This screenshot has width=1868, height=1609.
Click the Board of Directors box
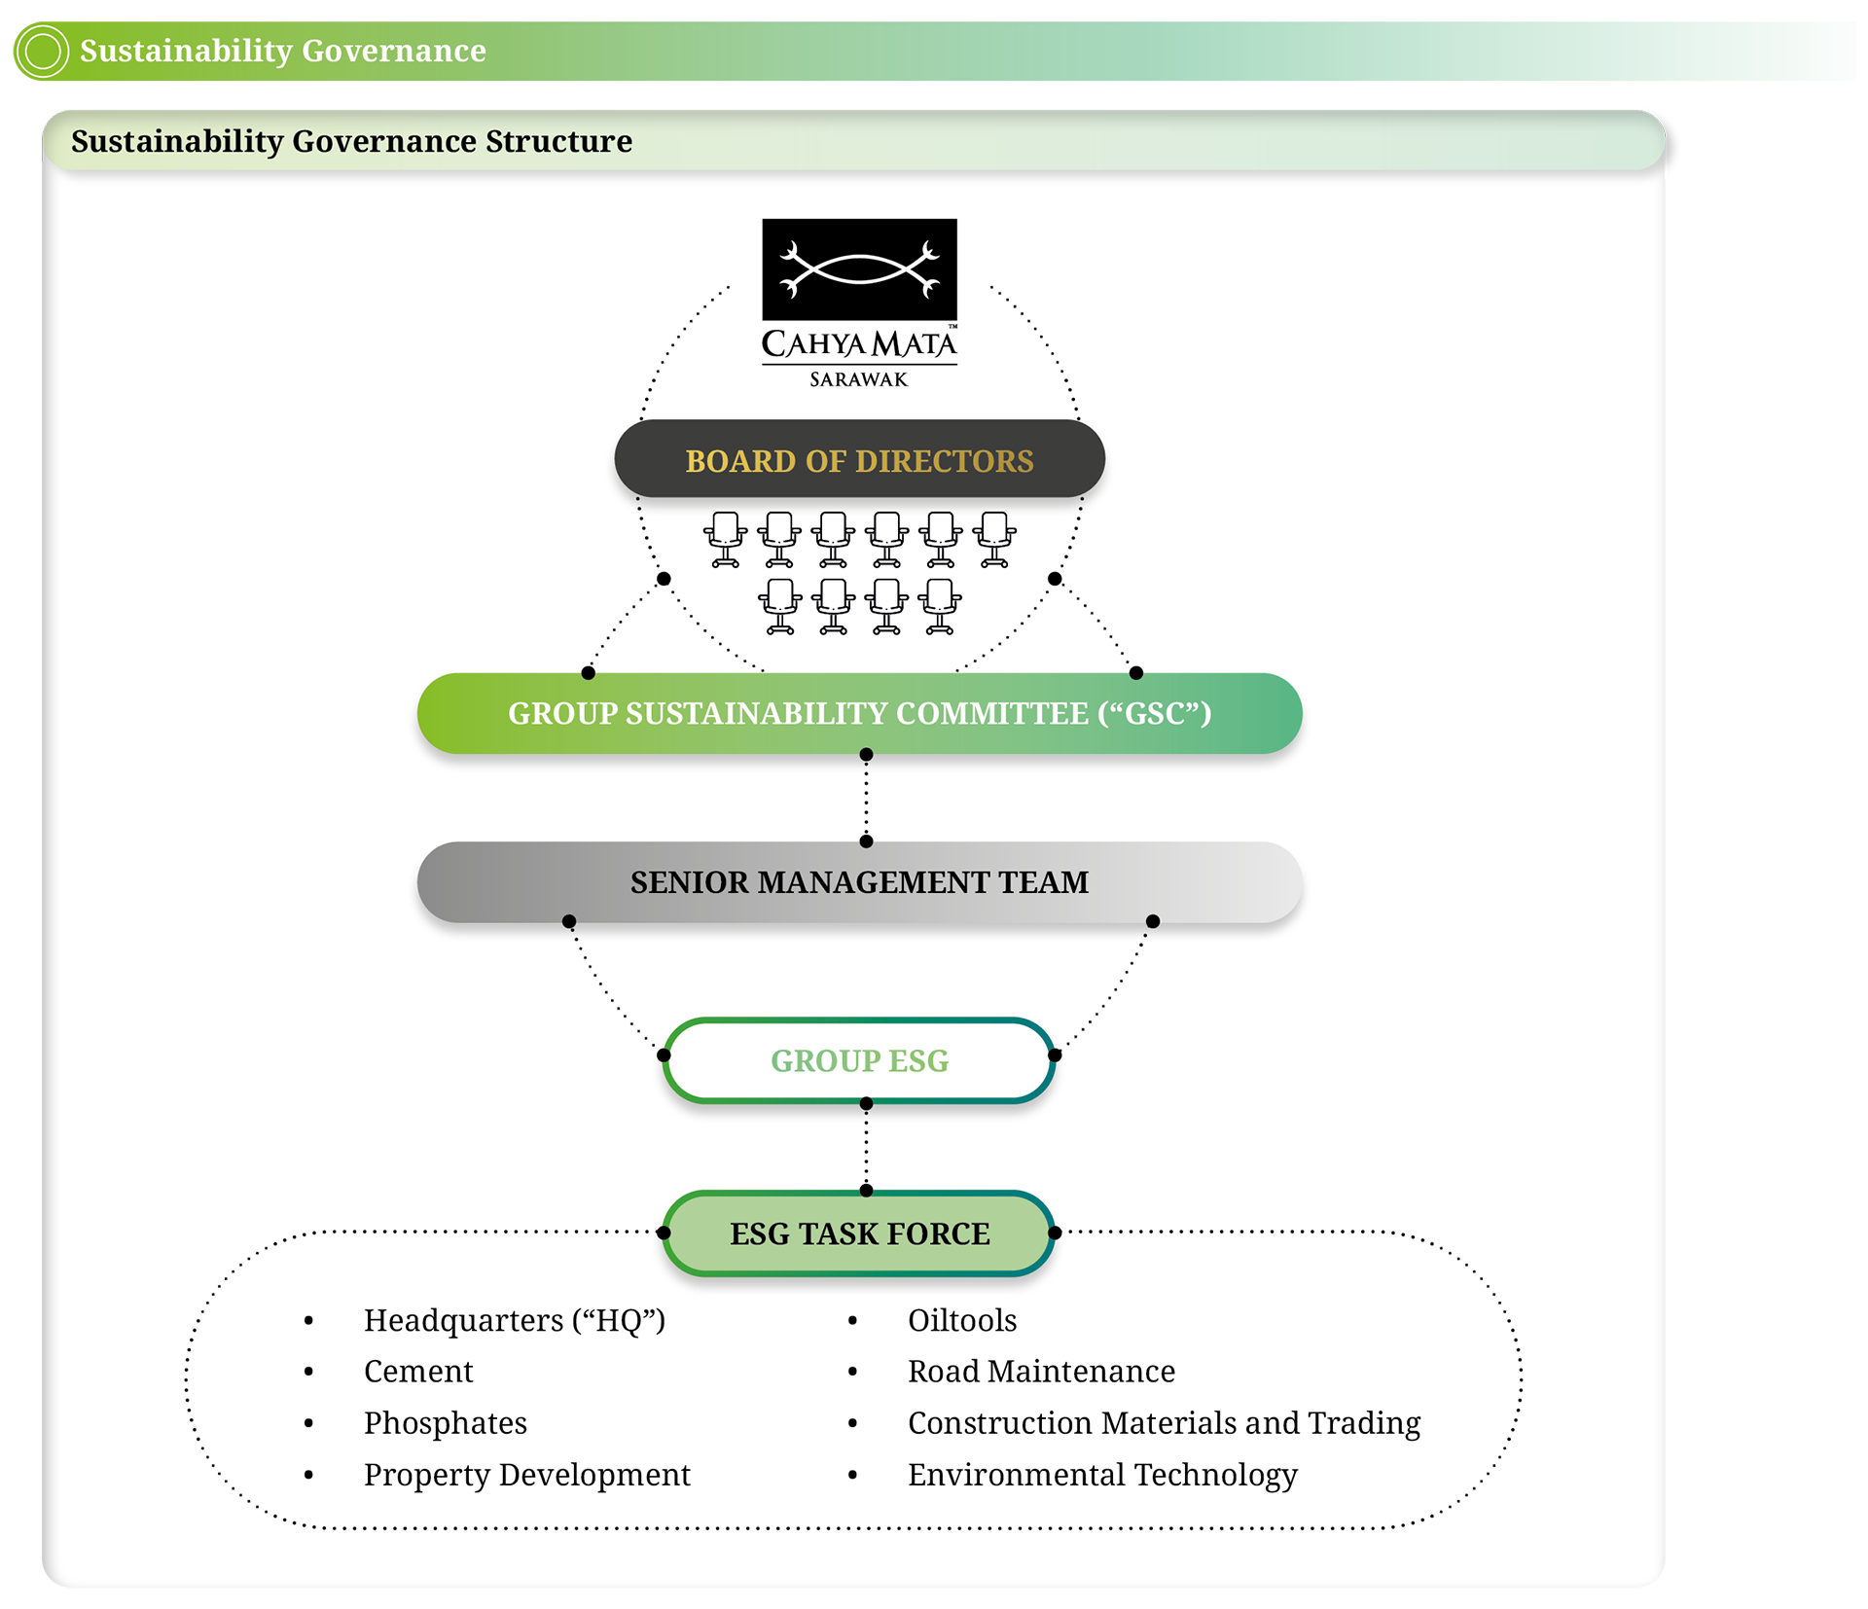tap(859, 460)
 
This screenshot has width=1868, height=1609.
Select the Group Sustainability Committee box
tap(859, 713)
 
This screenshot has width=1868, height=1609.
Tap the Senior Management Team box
tap(859, 882)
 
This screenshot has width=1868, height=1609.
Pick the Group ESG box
tap(859, 1060)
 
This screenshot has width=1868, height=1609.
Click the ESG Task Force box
tap(859, 1234)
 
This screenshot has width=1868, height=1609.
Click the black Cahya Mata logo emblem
tap(859, 269)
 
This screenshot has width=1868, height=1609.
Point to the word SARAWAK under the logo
tap(858, 379)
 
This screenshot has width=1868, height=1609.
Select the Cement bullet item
tap(418, 1372)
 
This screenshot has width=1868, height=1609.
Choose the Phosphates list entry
tap(445, 1423)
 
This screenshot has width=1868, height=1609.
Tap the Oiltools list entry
tap(961, 1320)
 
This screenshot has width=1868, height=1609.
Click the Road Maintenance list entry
tap(1041, 1372)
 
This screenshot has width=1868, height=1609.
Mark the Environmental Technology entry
tap(1101, 1475)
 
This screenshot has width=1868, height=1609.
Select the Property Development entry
tap(526, 1475)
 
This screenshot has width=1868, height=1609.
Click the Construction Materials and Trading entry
tap(1164, 1423)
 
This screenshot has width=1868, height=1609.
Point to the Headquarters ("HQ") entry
tap(514, 1320)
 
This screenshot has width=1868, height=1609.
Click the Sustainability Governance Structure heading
tap(351, 141)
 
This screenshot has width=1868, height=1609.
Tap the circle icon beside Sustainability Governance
tap(43, 51)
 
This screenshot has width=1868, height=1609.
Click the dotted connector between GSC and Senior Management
tap(866, 798)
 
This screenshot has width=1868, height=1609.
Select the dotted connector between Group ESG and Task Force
tap(866, 1147)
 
